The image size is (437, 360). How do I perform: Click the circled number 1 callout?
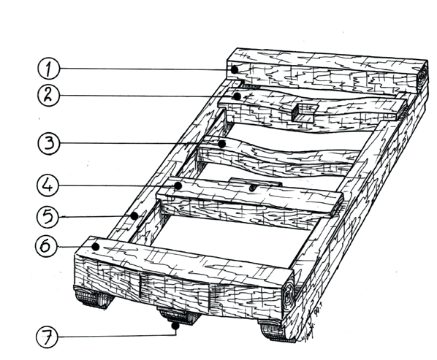click(49, 69)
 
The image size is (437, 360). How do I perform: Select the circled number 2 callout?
click(48, 95)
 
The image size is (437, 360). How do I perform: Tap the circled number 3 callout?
click(49, 143)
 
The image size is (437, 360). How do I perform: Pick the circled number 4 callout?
click(48, 185)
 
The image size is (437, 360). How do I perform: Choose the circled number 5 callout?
click(48, 216)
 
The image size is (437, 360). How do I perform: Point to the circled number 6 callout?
click(47, 246)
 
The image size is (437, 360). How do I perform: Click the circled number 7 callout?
click(47, 337)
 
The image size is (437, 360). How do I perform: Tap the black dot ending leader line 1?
click(235, 69)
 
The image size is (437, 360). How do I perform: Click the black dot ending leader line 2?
click(237, 96)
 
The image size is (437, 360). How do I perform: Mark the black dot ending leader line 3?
click(222, 145)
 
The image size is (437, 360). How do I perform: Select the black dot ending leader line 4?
click(178, 185)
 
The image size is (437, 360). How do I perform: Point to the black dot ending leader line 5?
click(134, 215)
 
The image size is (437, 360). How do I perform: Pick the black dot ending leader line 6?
click(96, 247)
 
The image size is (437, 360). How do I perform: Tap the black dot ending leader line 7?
click(175, 326)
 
